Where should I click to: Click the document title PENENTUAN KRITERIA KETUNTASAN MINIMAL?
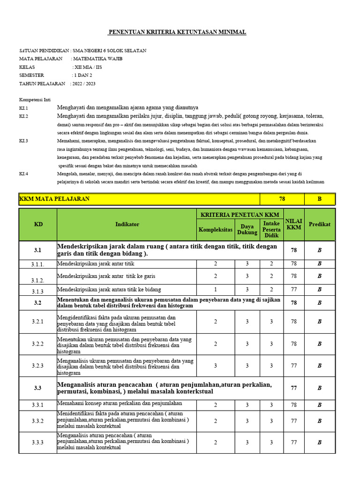pos(177,32)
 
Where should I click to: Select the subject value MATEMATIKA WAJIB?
pos(97,59)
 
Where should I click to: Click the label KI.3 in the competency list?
pos(23,141)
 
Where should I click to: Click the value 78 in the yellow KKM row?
pos(282,199)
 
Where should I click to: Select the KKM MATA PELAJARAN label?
pos(54,199)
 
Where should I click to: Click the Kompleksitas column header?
pos(215,229)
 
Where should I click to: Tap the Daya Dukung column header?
pos(247,229)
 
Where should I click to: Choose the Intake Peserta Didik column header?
pos(271,229)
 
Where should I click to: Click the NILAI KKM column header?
pos(294,224)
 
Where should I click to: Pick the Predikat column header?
pos(320,224)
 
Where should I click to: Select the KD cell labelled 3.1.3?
pos(37,291)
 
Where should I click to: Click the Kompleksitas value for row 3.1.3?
pos(215,290)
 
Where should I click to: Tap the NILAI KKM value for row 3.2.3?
pos(294,366)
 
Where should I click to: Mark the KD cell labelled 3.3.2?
pos(37,421)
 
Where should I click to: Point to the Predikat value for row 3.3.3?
pos(320,442)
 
